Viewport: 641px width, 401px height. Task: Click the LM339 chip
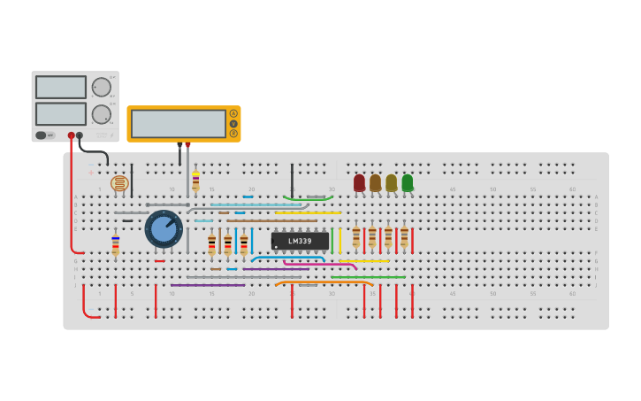tap(300, 241)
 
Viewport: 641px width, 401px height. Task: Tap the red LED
tap(359, 182)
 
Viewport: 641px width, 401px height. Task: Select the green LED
tap(408, 182)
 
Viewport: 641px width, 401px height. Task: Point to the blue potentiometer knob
tap(164, 228)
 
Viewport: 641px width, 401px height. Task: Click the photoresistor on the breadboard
tap(119, 183)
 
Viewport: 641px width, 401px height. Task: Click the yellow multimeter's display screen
tap(178, 123)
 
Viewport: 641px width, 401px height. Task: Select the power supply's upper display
tap(61, 87)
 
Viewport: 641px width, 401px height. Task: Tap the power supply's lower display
tap(61, 113)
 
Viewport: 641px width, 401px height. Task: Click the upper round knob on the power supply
tap(102, 87)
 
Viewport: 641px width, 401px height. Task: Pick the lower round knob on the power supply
tap(102, 114)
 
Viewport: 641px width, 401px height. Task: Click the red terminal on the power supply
tap(72, 135)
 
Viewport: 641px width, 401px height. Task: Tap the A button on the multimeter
tap(233, 113)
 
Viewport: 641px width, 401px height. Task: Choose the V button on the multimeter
tap(233, 123)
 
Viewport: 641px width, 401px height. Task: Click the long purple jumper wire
tap(209, 285)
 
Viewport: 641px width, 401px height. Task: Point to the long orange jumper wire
tap(323, 282)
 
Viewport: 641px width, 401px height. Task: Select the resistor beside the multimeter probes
tap(195, 181)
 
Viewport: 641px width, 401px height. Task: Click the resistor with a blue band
tap(115, 244)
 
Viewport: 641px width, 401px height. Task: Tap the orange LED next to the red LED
tap(375, 182)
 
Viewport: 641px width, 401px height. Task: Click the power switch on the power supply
tap(41, 135)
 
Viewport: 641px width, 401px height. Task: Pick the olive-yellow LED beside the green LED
tap(391, 182)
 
